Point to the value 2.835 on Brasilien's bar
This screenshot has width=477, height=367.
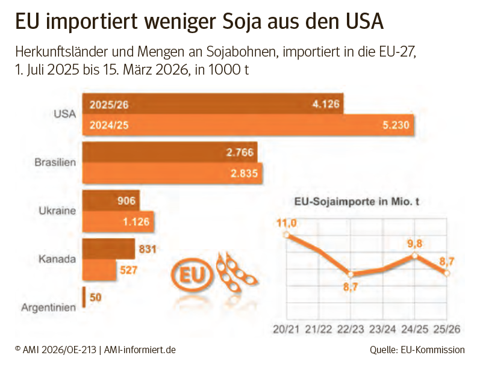tap(244, 174)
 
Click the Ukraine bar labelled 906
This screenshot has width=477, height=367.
tap(111, 201)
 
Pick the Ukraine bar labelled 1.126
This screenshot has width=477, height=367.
tap(118, 222)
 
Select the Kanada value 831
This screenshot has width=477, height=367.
tap(148, 248)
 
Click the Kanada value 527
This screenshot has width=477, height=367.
tap(129, 270)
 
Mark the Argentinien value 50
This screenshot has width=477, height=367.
tap(95, 297)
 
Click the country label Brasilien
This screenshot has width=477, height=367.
tap(56, 162)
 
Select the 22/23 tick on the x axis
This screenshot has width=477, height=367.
tap(351, 329)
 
